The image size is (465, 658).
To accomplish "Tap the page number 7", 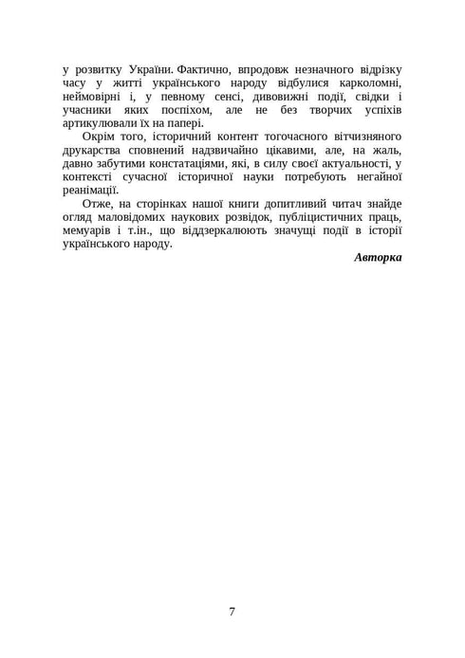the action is pyautogui.click(x=232, y=611).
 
